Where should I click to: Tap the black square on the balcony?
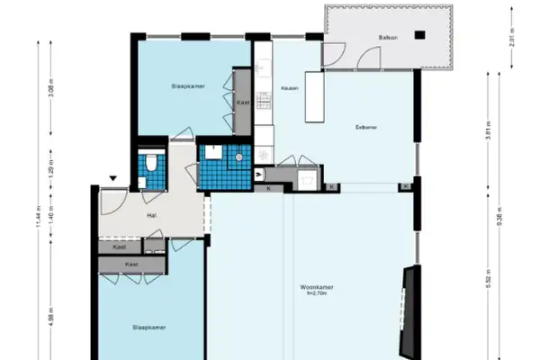(419, 35)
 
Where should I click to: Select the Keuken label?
(290, 88)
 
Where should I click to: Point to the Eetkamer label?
(366, 127)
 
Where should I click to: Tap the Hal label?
(152, 216)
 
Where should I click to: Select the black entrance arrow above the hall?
(112, 178)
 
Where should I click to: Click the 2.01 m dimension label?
(509, 40)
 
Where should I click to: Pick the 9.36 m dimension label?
(511, 220)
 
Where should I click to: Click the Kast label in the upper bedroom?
(242, 103)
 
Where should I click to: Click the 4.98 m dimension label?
(51, 320)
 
